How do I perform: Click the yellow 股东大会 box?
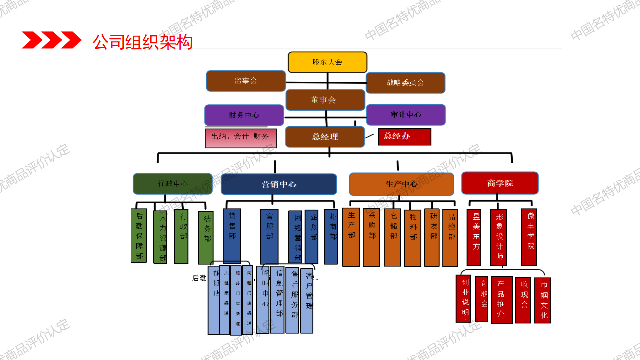(x=327, y=62)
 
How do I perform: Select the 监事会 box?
(x=246, y=81)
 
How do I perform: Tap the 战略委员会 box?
(x=405, y=83)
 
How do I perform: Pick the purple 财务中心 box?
(x=244, y=115)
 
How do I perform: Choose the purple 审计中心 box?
(x=406, y=115)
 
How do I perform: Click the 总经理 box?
(x=325, y=137)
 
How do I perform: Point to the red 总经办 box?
(x=404, y=136)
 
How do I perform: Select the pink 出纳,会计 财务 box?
(x=241, y=138)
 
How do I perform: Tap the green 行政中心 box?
(x=172, y=184)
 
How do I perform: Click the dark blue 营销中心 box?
(x=279, y=184)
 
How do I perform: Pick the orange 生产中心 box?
(x=401, y=184)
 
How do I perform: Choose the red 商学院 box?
(x=500, y=183)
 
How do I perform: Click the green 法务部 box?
(x=206, y=238)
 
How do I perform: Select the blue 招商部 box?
(x=331, y=236)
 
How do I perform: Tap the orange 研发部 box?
(x=432, y=237)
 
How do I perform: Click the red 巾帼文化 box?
(x=543, y=301)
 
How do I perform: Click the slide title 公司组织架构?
(x=142, y=42)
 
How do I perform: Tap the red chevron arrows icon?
(x=51, y=40)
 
